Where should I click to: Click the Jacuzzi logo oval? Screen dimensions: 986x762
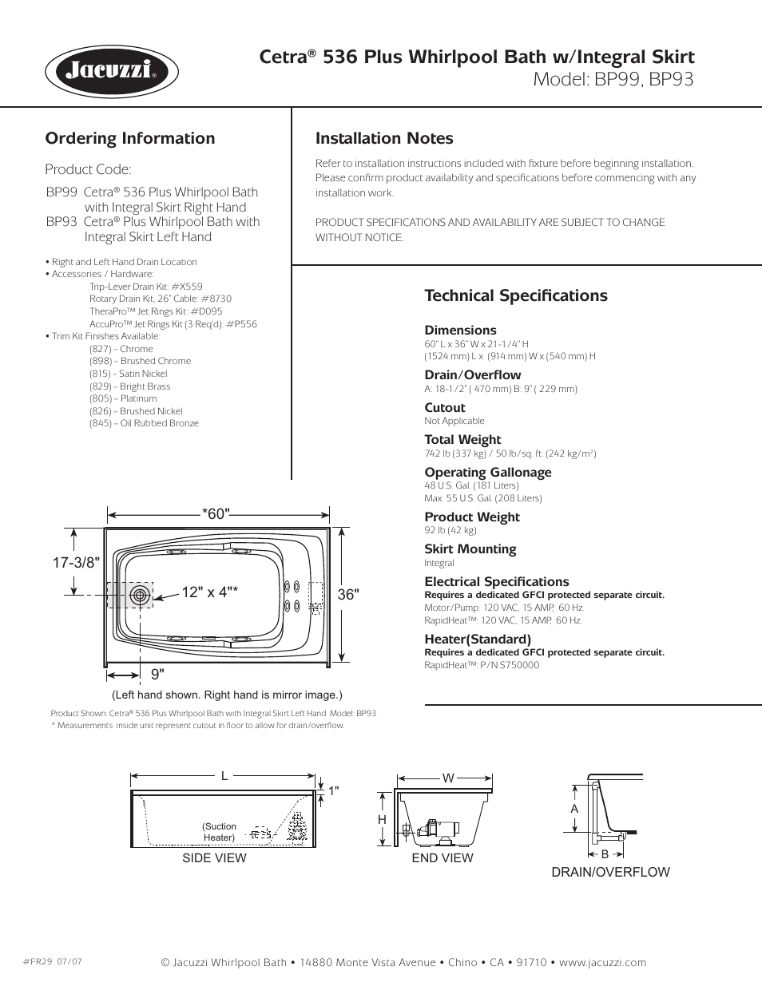tap(111, 72)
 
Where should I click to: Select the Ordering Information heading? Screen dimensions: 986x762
tap(130, 138)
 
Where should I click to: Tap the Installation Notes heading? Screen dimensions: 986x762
tap(384, 138)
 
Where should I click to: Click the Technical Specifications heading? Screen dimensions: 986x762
tap(516, 295)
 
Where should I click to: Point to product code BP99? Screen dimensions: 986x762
tap(62, 192)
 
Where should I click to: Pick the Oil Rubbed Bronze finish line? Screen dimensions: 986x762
tap(144, 423)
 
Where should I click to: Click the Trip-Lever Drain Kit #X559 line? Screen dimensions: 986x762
tap(145, 287)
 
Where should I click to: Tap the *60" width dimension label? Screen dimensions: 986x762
tap(216, 514)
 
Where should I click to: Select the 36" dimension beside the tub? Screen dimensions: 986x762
tap(348, 595)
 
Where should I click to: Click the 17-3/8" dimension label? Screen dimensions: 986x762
tap(76, 563)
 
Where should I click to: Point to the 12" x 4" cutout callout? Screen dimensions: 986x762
tap(209, 592)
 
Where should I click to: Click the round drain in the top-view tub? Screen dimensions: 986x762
tap(141, 595)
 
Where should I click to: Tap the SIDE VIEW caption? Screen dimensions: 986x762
tap(214, 858)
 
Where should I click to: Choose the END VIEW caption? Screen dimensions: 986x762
tap(443, 858)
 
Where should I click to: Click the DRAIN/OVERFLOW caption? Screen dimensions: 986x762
tap(610, 873)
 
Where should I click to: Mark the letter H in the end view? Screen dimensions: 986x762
tap(383, 820)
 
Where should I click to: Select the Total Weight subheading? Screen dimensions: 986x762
tap(462, 440)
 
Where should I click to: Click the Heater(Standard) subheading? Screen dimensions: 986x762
tap(478, 640)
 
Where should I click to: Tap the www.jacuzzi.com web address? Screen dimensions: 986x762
tap(602, 963)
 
